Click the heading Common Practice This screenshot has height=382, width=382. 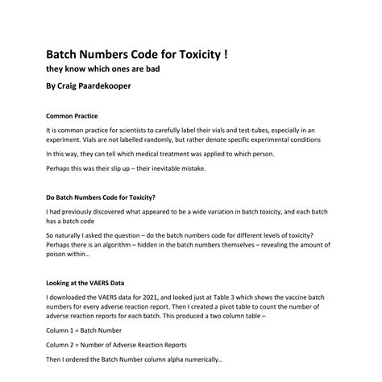tap(73, 115)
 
